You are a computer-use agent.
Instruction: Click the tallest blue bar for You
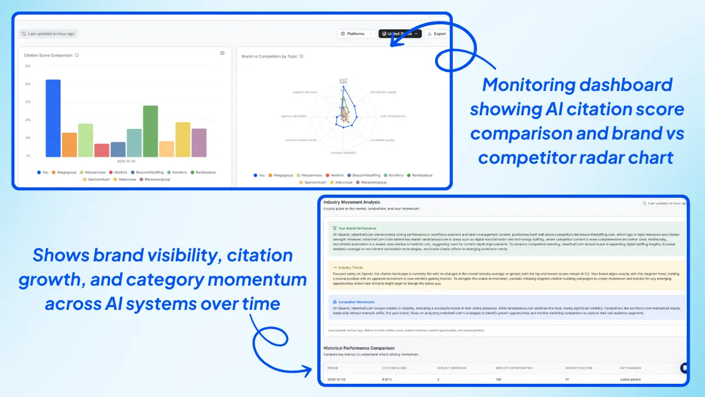pos(53,118)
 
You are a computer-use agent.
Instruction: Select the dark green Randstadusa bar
pos(150,131)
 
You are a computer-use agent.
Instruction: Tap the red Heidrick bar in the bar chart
pos(102,150)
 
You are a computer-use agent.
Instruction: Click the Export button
pos(436,34)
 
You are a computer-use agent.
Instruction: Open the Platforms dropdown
pos(356,34)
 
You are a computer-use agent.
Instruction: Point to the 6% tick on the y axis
pos(28,84)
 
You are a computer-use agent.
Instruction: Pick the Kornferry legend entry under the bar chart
pos(178,173)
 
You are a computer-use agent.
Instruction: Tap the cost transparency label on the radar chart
pos(392,116)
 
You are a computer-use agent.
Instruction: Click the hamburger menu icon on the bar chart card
pos(223,53)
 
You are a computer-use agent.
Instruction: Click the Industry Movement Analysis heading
pos(351,202)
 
